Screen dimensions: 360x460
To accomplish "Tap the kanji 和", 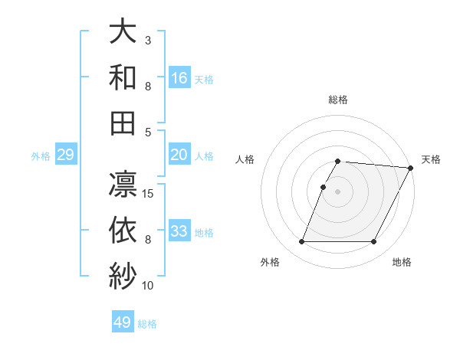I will click(x=123, y=78).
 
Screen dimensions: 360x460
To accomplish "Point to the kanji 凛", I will click(x=123, y=185).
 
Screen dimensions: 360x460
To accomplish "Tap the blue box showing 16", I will click(x=179, y=77).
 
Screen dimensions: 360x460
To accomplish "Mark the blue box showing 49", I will click(x=123, y=322).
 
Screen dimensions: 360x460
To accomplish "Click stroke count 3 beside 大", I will click(x=148, y=39).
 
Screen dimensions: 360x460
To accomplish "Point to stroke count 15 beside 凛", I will click(x=149, y=193).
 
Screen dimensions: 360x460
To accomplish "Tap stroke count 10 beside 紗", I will click(x=148, y=285).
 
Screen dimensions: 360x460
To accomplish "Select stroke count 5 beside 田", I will click(x=148, y=132).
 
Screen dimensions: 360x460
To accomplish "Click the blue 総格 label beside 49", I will click(x=147, y=324).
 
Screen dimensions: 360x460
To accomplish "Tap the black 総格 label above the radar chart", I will click(x=338, y=100).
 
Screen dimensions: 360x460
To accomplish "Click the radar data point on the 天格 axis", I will click(x=411, y=168).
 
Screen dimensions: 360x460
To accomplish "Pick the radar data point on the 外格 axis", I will click(x=301, y=242).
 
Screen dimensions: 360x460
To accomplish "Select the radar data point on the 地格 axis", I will click(x=374, y=242).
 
